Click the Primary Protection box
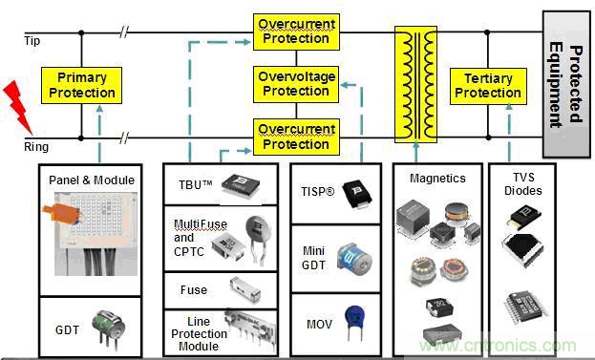click(81, 85)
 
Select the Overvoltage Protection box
click(296, 84)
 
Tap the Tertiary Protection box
click(488, 86)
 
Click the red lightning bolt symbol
click(18, 107)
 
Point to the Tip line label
click(32, 41)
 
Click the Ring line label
click(36, 146)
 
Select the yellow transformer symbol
click(415, 84)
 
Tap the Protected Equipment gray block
click(566, 84)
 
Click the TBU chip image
click(241, 185)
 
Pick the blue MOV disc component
click(354, 323)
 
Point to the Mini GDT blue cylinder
click(354, 259)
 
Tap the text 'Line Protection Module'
click(199, 334)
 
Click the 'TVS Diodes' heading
click(523, 184)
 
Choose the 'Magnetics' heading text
click(437, 179)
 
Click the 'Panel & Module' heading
click(92, 180)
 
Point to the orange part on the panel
click(62, 213)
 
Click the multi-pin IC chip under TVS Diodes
click(526, 307)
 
